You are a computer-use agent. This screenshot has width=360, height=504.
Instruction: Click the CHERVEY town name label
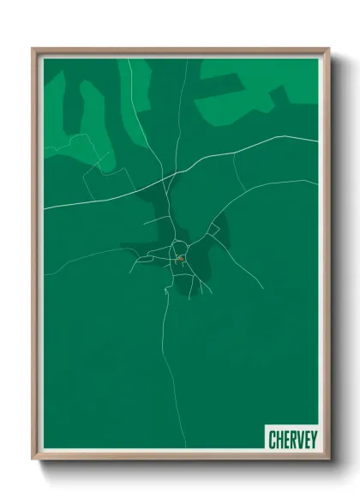click(x=292, y=440)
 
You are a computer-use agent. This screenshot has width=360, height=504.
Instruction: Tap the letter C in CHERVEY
click(x=272, y=440)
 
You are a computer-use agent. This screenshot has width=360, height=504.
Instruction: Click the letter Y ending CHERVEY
click(x=313, y=440)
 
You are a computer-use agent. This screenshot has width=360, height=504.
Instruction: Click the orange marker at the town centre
click(x=180, y=258)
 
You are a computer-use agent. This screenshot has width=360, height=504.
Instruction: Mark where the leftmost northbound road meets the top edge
click(x=129, y=58)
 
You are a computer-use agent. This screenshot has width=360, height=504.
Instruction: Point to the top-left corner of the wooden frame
click(x=33, y=49)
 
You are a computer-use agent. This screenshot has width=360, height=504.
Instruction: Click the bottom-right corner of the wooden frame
click(x=327, y=460)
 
